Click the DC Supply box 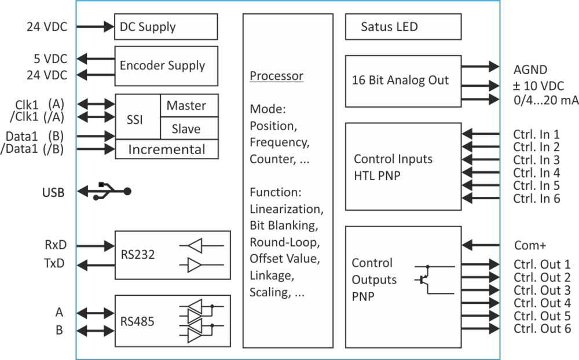pos(167,27)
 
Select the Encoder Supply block pos(167,65)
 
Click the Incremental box pos(167,150)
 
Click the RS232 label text pos(138,254)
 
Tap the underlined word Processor pos(276,76)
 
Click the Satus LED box pos(403,27)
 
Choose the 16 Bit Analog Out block pos(403,80)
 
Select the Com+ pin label pos(530,245)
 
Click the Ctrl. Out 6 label pos(542,328)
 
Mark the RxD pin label pos(56,245)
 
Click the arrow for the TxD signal pos(96,263)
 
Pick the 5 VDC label pos(50,58)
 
